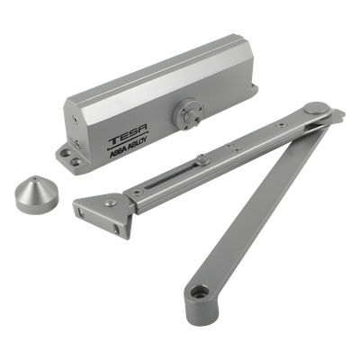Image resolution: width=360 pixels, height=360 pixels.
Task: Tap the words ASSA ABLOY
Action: point(128,149)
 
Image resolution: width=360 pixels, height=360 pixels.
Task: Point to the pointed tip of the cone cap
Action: point(37,177)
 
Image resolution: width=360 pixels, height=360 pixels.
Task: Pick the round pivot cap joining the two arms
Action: point(316,108)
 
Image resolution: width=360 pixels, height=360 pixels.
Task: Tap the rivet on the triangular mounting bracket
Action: point(111,202)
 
